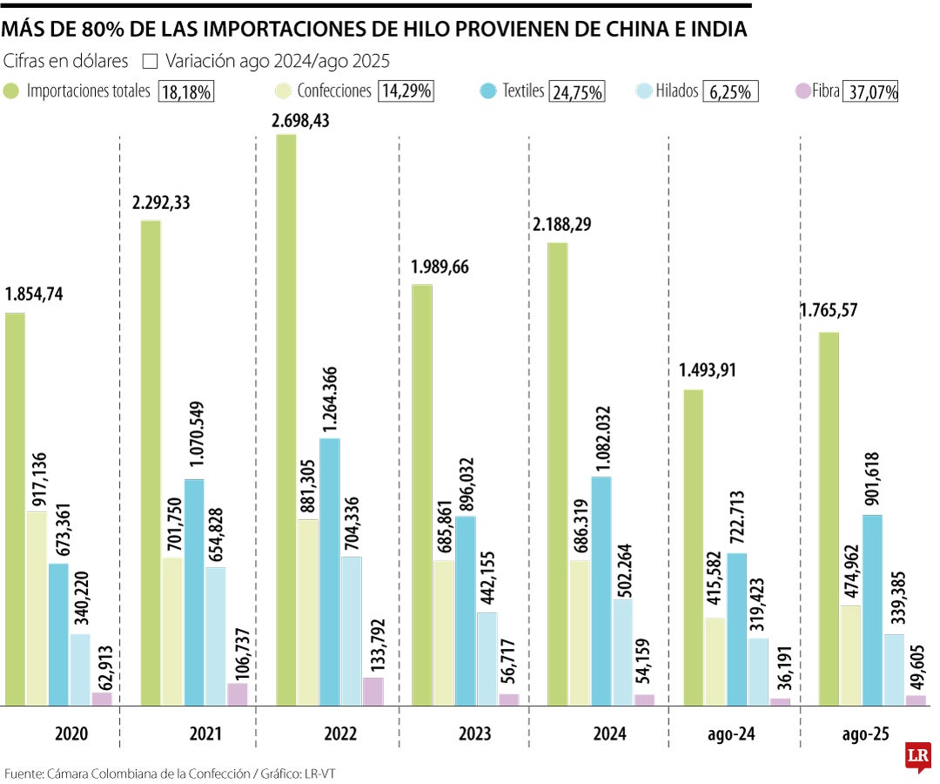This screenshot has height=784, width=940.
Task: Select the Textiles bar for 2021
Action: click(x=194, y=592)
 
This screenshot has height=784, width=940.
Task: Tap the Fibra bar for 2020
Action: click(x=102, y=699)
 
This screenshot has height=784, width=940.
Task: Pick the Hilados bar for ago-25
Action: click(x=894, y=670)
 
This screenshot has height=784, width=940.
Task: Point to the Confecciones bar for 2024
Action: click(x=580, y=632)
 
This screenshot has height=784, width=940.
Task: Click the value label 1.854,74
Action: click(x=40, y=294)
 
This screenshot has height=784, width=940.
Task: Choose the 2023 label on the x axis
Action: click(x=474, y=734)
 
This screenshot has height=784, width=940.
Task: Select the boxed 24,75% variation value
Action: click(x=577, y=92)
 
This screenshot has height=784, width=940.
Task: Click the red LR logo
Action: click(x=916, y=755)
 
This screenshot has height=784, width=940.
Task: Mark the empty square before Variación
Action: click(x=149, y=62)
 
